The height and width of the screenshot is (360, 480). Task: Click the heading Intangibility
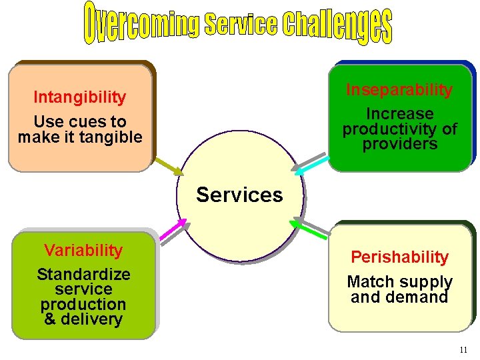point(80,97)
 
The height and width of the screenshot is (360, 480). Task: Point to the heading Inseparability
point(399,90)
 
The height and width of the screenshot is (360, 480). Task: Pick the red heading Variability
point(83,251)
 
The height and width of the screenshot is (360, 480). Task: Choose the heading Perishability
point(399,257)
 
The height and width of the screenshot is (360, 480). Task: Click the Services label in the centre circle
point(239,195)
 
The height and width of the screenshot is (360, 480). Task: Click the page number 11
point(464,350)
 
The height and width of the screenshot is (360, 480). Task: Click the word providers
point(399,143)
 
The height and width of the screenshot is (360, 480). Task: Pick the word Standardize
point(83,275)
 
